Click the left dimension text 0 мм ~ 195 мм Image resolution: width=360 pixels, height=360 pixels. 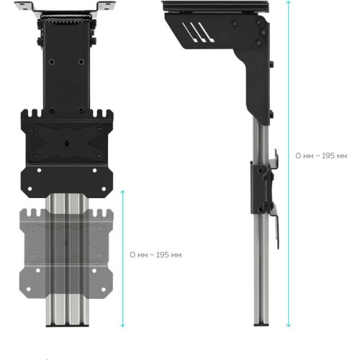tap(155, 255)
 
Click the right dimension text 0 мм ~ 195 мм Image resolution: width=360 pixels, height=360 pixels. tap(321, 156)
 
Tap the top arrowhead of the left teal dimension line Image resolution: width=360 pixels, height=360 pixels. tap(123, 192)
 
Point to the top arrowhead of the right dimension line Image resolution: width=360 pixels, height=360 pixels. tap(289, 4)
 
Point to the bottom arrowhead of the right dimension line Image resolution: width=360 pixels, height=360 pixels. tap(289, 326)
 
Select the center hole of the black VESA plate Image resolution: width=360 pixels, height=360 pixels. tap(68, 141)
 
